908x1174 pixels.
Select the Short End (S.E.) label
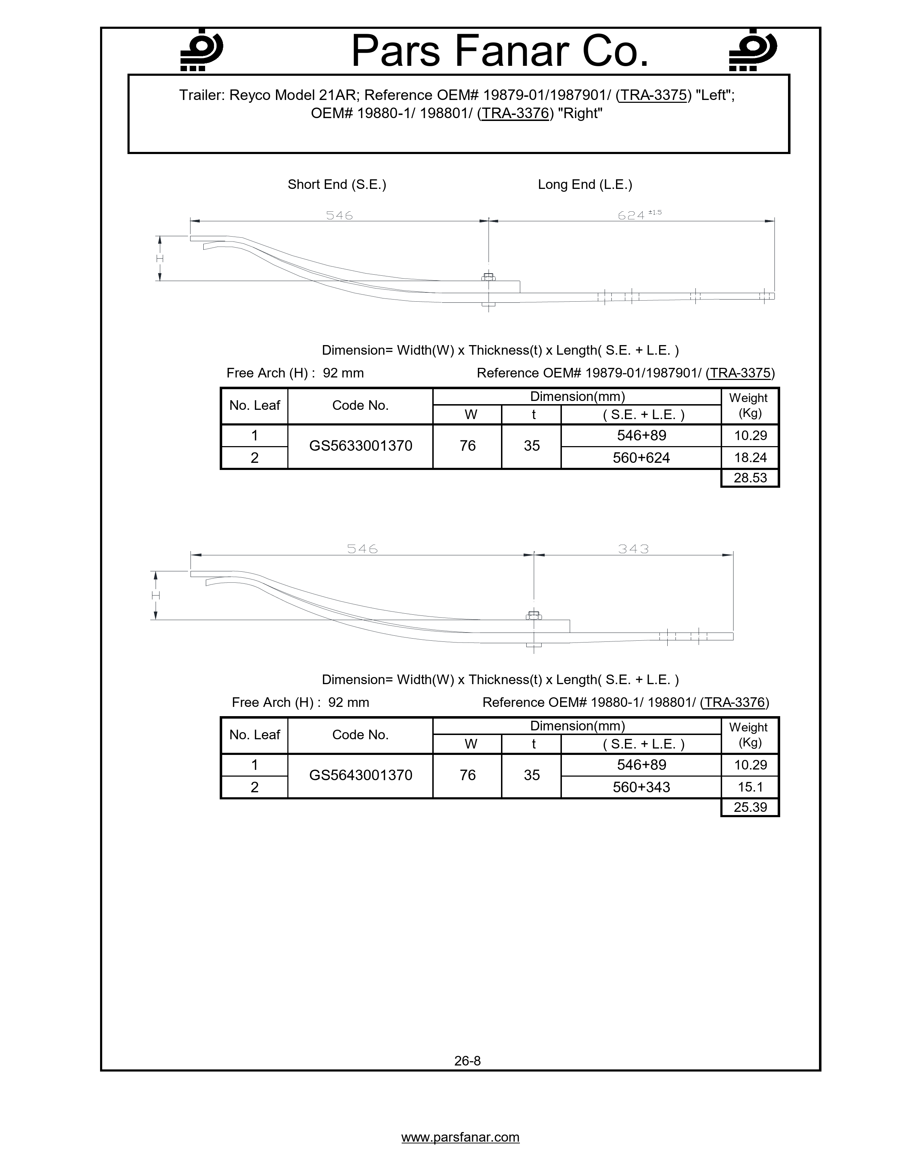coord(337,184)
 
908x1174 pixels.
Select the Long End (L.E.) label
coord(585,184)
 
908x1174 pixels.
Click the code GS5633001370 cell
coord(360,446)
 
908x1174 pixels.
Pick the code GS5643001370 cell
coord(360,775)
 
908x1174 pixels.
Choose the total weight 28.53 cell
coord(750,478)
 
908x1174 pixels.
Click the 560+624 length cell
coord(641,458)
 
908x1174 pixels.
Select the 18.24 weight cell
coord(750,458)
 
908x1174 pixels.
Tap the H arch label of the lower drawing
coord(156,596)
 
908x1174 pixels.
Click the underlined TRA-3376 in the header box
coord(515,114)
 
